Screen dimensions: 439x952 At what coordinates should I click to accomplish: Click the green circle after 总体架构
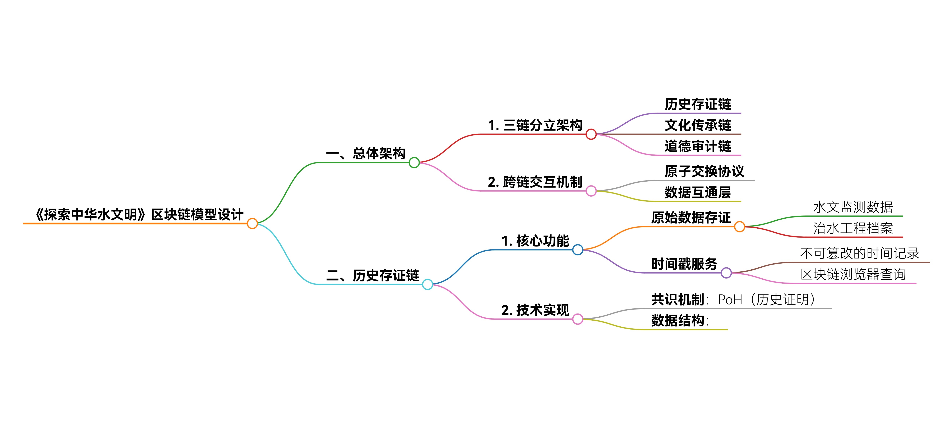414,163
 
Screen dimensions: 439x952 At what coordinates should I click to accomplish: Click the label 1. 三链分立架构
535,125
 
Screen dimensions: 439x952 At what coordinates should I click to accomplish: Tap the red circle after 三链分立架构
591,134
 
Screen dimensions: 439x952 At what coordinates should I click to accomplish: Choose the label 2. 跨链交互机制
535,182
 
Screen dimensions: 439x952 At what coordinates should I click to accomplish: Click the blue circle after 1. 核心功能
578,250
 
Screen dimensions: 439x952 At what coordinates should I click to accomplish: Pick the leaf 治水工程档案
853,228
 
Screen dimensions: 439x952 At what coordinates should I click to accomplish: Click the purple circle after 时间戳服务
726,273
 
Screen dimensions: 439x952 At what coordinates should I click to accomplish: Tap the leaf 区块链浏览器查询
853,274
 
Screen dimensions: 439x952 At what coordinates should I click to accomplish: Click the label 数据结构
678,320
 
